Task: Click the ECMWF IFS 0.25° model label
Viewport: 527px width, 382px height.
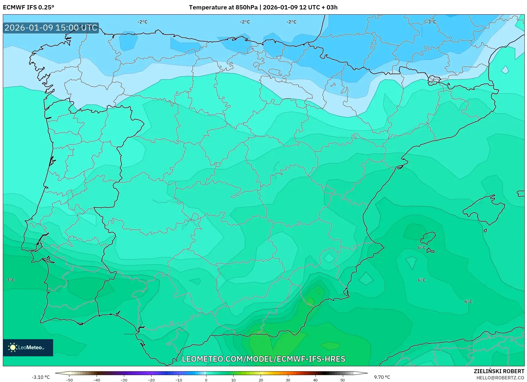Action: coord(28,7)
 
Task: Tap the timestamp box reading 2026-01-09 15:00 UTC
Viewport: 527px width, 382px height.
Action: coord(51,28)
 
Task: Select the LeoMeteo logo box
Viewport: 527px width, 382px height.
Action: coord(28,347)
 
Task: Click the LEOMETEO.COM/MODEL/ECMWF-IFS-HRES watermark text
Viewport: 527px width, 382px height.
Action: coord(263,359)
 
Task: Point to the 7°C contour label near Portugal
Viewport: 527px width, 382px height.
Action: coord(11,280)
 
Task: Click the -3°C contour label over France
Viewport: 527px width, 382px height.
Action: coord(431,22)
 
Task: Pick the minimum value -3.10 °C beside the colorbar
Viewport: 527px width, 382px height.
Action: coord(41,377)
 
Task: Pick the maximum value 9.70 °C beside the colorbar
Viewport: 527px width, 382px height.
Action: coord(382,377)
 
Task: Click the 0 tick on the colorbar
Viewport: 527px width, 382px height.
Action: coord(206,380)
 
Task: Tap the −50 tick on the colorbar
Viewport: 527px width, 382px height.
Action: coord(69,380)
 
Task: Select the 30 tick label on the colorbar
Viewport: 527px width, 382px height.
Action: coord(288,380)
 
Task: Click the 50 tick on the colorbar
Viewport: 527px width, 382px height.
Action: coord(343,380)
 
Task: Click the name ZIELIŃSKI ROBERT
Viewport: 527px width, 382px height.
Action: coord(499,371)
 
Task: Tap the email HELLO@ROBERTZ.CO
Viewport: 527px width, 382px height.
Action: coord(500,378)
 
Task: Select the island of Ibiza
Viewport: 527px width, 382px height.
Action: coord(429,238)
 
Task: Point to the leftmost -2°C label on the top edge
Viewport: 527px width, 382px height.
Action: coord(142,22)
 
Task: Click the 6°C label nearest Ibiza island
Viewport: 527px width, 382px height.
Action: coord(422,248)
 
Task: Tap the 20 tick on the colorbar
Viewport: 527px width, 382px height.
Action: coord(261,380)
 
